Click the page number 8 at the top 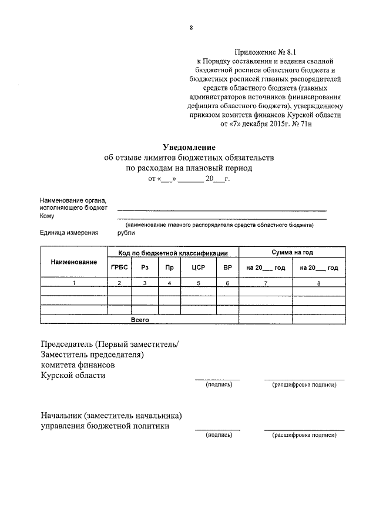(x=191, y=28)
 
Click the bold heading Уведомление (x=189, y=147)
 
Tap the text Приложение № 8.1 (x=266, y=52)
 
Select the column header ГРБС (x=119, y=267)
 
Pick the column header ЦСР (x=198, y=267)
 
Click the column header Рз (x=145, y=267)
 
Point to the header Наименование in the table (x=73, y=261)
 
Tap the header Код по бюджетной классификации (x=173, y=253)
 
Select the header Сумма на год (x=292, y=252)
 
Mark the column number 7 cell (x=266, y=283)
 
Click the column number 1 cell (x=73, y=283)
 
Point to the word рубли (x=126, y=233)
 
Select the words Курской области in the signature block (x=73, y=375)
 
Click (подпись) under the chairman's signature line (x=219, y=385)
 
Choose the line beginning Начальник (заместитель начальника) (x=112, y=415)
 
